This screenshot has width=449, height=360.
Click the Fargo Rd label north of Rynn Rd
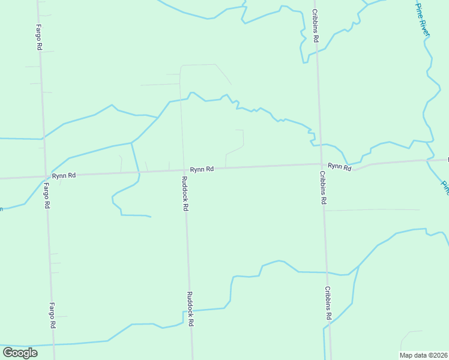point(38,37)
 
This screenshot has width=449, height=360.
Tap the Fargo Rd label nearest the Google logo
point(52,315)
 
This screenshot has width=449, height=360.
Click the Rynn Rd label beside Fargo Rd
point(64,175)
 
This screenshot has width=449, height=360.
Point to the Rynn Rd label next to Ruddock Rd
point(202,169)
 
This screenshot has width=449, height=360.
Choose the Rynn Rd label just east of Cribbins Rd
point(339,166)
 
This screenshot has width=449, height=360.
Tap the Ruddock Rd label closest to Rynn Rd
point(185,193)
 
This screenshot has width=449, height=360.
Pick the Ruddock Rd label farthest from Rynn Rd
point(190,308)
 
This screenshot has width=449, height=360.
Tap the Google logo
point(20,353)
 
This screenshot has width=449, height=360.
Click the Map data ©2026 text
point(423,355)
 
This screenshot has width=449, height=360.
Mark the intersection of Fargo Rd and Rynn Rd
point(46,176)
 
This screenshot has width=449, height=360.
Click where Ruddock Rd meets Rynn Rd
point(183,170)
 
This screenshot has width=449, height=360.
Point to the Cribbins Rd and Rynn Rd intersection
point(321,164)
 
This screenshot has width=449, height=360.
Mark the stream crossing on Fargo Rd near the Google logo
point(55,345)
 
